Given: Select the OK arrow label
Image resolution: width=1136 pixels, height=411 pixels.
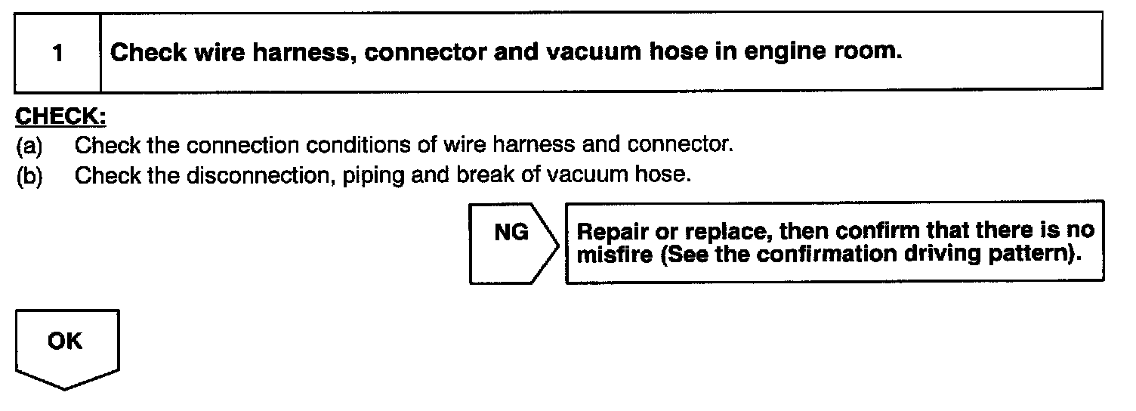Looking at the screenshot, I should click(65, 341).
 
